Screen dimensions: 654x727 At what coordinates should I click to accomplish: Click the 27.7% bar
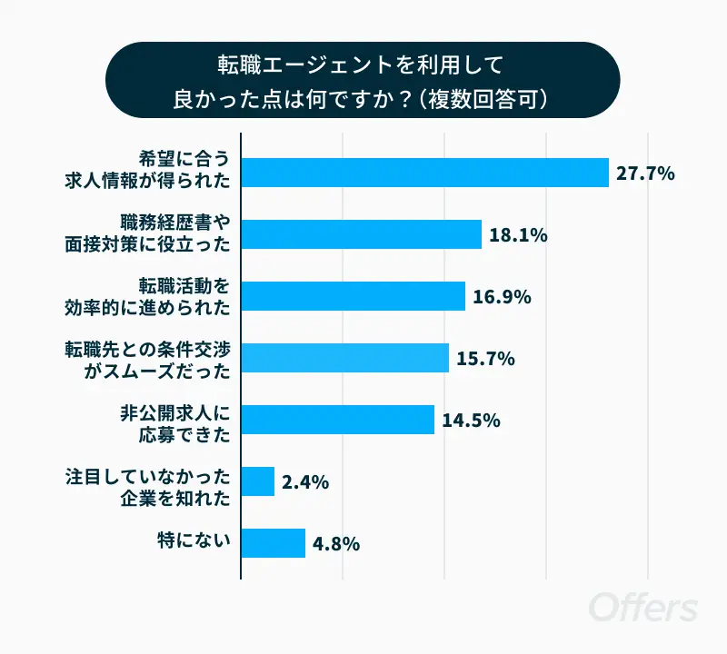[424, 173]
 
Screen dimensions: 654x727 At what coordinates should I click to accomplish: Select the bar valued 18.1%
[361, 234]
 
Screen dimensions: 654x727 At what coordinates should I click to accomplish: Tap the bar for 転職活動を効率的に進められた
[353, 296]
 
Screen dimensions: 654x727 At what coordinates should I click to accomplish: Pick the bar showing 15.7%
[344, 358]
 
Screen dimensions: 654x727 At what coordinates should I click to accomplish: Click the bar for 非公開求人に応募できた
[337, 420]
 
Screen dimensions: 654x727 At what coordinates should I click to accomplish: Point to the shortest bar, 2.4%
[258, 481]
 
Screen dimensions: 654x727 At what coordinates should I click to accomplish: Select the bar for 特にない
[273, 543]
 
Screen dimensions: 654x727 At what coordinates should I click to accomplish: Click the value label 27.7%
[645, 173]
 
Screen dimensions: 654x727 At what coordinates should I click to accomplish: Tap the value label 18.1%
[518, 235]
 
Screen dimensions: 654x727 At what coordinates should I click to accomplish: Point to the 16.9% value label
[502, 297]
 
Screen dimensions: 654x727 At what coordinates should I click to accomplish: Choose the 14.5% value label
[472, 421]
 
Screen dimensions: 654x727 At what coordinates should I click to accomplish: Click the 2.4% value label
[305, 482]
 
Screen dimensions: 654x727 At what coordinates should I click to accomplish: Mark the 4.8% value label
[336, 544]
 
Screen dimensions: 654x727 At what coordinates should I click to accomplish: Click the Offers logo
[642, 607]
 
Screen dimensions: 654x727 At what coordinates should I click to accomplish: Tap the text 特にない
[194, 543]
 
